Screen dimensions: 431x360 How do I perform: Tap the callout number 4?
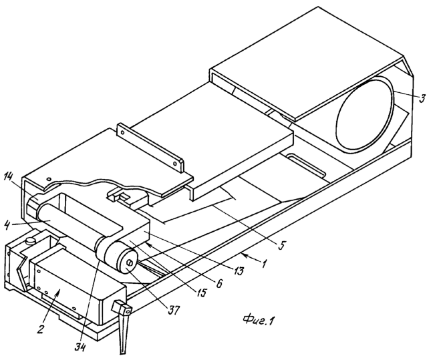pos(7,224)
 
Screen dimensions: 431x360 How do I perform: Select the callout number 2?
pos(40,328)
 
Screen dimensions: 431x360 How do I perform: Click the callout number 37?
pos(174,311)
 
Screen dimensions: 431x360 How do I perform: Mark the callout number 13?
pos(238,271)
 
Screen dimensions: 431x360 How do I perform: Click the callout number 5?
pos(281,244)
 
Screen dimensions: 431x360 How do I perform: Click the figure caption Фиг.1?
pos(259,320)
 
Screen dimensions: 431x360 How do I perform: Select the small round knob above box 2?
pos(30,241)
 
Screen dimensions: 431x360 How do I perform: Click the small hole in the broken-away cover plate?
pos(49,179)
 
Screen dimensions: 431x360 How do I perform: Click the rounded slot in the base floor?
pos(306,166)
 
